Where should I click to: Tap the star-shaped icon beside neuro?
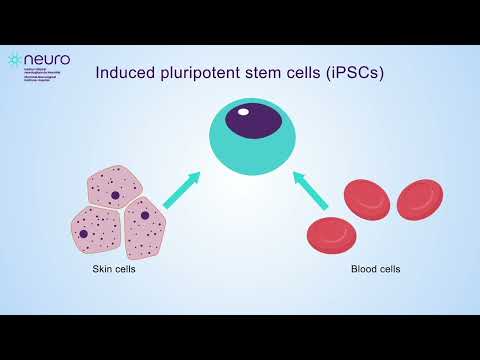click(x=14, y=60)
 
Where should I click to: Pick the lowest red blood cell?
click(x=330, y=233)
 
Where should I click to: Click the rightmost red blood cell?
click(x=419, y=200)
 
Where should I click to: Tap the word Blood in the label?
click(x=363, y=269)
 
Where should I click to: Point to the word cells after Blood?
click(x=391, y=269)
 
